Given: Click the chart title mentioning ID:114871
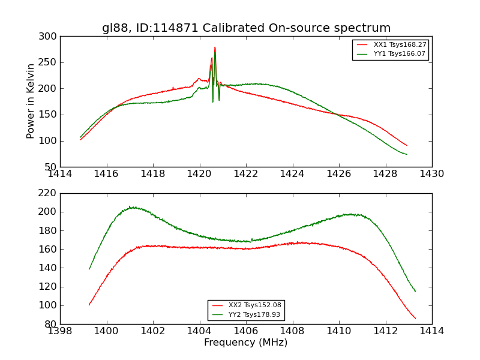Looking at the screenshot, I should [x=246, y=28].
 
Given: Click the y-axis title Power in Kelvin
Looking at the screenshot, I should [x=31, y=101].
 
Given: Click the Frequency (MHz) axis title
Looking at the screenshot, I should [x=246, y=343].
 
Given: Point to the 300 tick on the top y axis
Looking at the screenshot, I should [x=49, y=37].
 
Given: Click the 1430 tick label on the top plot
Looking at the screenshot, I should [x=431, y=174].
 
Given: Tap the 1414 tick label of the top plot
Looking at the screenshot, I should [x=61, y=174].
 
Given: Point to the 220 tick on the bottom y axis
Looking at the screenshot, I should [x=49, y=193].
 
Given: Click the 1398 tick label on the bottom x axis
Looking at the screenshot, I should [x=61, y=331].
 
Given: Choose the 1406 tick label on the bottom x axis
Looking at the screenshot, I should [x=246, y=331].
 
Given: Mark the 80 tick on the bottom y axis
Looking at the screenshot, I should [x=52, y=324].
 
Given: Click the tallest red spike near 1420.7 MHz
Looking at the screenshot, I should [x=215, y=48].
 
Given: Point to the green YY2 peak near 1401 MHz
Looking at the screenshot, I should [x=130, y=207].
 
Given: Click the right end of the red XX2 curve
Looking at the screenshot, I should [x=415, y=319].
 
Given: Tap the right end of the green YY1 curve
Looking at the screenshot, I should [x=407, y=154].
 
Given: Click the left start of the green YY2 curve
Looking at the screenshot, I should [x=89, y=269].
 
